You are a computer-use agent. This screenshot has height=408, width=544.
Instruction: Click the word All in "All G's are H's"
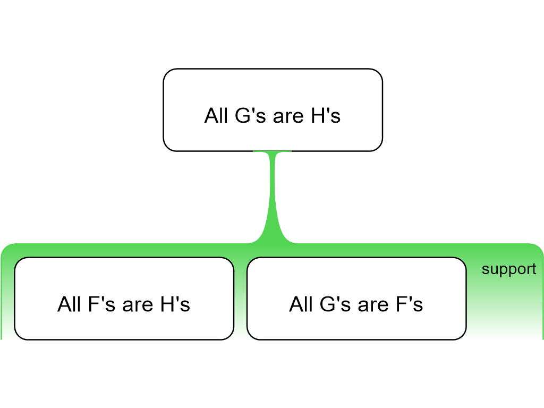(x=216, y=115)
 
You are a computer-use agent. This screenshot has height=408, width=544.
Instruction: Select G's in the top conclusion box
(x=251, y=115)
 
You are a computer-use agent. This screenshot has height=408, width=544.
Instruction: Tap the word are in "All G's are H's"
(x=288, y=118)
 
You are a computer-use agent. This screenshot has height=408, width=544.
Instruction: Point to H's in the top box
(x=326, y=115)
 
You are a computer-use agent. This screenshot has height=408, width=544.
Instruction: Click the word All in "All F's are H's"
(x=69, y=304)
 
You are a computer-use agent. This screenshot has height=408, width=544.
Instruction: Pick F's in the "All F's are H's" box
(x=101, y=304)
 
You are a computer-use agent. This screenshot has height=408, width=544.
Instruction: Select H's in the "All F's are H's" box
(x=175, y=304)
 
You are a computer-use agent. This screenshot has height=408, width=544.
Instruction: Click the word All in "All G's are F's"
(x=301, y=304)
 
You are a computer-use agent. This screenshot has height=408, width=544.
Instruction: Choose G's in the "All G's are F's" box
(x=335, y=304)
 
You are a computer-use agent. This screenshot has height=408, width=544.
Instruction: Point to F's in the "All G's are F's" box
(x=410, y=304)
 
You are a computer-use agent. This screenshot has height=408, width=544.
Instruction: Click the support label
(x=509, y=269)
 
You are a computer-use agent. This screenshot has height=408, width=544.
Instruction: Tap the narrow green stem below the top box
(x=273, y=194)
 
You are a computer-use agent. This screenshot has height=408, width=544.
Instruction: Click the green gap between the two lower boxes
(x=241, y=299)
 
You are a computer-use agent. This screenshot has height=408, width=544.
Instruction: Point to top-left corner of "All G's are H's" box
(x=164, y=69)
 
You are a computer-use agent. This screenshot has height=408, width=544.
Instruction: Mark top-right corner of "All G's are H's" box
(x=382, y=69)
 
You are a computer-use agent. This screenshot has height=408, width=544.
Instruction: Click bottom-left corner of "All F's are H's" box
(x=14, y=339)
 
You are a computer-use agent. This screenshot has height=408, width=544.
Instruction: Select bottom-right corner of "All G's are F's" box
(x=466, y=339)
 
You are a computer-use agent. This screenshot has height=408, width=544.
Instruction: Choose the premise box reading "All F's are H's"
(x=124, y=299)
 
